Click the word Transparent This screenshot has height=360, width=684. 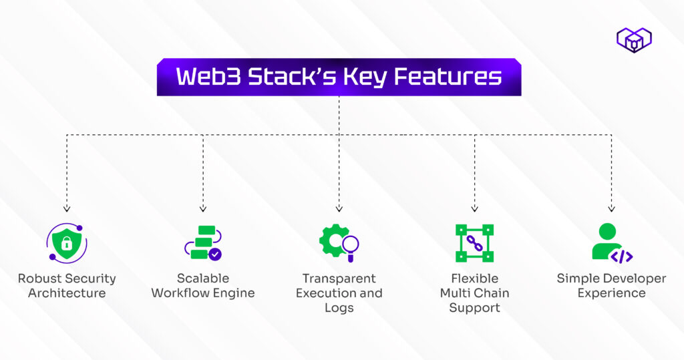pyautogui.click(x=339, y=279)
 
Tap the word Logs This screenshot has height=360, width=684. pyautogui.click(x=339, y=308)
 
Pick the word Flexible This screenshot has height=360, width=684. pyautogui.click(x=474, y=279)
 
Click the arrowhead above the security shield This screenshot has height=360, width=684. pyautogui.click(x=67, y=210)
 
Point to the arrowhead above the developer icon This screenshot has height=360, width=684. pyautogui.click(x=611, y=210)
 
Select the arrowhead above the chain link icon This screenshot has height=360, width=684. pyautogui.click(x=474, y=210)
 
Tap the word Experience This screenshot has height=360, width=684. pyautogui.click(x=611, y=293)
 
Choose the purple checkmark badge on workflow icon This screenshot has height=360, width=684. pyautogui.click(x=214, y=254)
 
